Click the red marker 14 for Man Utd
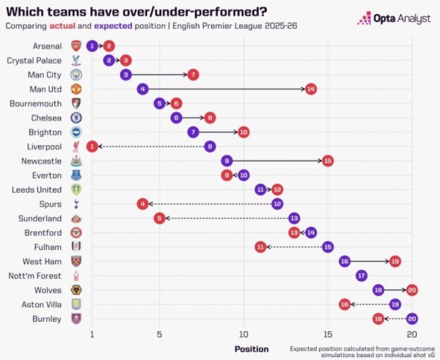tap(311, 89)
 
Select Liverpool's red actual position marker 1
tap(92, 146)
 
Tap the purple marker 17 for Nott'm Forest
tap(362, 275)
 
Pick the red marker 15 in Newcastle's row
tap(328, 161)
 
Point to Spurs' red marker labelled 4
tap(142, 203)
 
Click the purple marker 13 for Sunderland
tap(294, 218)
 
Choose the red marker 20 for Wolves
tap(412, 290)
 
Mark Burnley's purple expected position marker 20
tap(412, 318)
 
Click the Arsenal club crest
tap(76, 46)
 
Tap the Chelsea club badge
tap(76, 117)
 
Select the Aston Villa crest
tap(76, 304)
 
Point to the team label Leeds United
tap(37, 189)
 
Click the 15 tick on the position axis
tap(328, 334)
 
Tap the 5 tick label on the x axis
tap(159, 334)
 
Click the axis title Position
tap(252, 349)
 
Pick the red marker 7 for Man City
tap(193, 75)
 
